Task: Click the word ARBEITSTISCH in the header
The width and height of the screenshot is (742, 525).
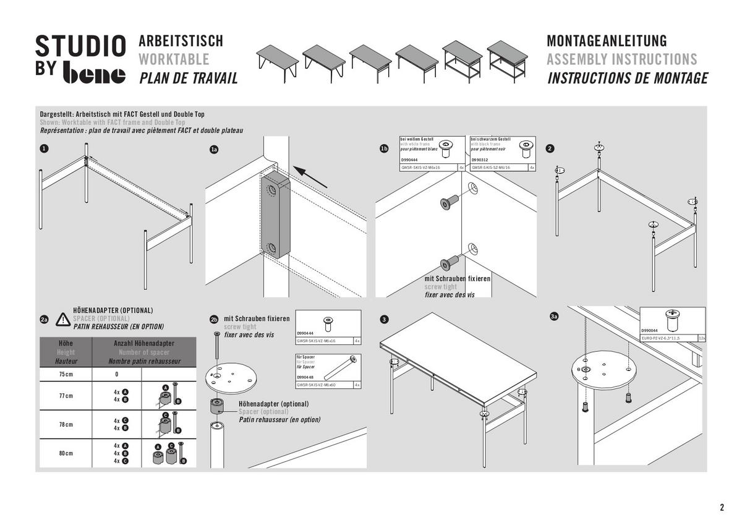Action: (181, 41)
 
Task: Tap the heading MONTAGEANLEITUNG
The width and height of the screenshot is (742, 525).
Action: (607, 41)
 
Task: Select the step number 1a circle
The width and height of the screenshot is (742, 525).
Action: (214, 149)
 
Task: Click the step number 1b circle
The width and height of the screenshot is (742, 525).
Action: (384, 149)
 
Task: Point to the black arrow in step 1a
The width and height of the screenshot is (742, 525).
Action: (310, 176)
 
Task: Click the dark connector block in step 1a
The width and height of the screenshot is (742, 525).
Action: (275, 215)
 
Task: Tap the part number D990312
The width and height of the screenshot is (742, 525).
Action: (479, 160)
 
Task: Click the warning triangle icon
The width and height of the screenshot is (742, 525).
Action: (63, 319)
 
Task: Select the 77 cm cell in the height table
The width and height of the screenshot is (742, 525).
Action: (66, 396)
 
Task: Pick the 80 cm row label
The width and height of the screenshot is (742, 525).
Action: (66, 453)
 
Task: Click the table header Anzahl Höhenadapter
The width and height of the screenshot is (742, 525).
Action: (144, 343)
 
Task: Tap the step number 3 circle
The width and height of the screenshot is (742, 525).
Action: (384, 319)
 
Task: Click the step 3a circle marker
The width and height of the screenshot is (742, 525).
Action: (554, 317)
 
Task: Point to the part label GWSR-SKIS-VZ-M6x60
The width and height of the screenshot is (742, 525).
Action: (316, 385)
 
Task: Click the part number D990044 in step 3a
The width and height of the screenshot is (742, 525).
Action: (650, 331)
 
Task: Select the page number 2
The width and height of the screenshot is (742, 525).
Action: (722, 508)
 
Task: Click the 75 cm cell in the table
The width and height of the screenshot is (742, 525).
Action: (66, 375)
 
